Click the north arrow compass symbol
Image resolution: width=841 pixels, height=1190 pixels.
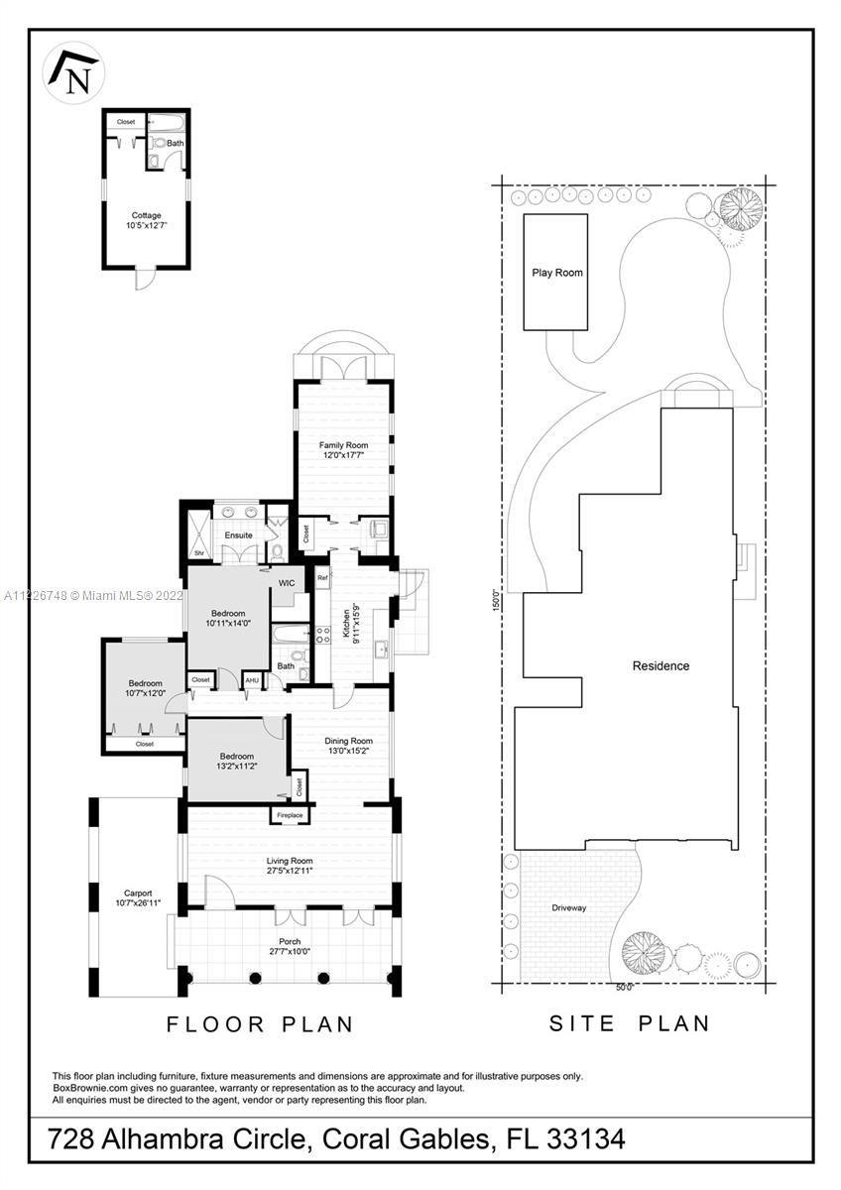pyautogui.click(x=73, y=72)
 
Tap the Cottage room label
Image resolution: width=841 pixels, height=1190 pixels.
pyautogui.click(x=146, y=215)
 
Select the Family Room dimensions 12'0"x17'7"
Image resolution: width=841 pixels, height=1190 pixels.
pyautogui.click(x=343, y=455)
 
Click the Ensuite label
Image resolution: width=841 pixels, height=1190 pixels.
pyautogui.click(x=238, y=535)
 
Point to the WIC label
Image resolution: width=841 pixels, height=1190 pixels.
pyautogui.click(x=287, y=583)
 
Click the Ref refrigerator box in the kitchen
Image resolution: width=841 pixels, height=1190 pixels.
pyautogui.click(x=322, y=577)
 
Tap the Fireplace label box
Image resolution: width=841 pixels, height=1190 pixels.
pyautogui.click(x=290, y=815)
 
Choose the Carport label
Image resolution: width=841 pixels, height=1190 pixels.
pyautogui.click(x=138, y=893)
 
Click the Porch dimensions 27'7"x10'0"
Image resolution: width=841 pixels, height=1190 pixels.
pyautogui.click(x=290, y=951)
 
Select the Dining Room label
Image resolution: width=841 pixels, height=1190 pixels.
pyautogui.click(x=348, y=741)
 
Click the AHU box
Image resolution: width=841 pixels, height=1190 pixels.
pyautogui.click(x=252, y=680)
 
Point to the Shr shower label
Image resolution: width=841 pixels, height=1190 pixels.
pyautogui.click(x=199, y=553)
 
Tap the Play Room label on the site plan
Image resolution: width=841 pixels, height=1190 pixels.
pyautogui.click(x=557, y=273)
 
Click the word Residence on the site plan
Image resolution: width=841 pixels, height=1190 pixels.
pyautogui.click(x=661, y=665)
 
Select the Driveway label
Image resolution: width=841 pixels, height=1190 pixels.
pyautogui.click(x=569, y=908)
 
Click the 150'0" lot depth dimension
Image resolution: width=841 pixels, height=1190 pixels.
pyautogui.click(x=497, y=600)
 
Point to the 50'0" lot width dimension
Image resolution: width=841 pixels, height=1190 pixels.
pyautogui.click(x=624, y=988)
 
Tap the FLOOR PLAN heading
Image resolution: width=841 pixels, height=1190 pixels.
pyautogui.click(x=260, y=1024)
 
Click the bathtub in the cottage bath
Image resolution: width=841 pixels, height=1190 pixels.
pyautogui.click(x=166, y=124)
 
